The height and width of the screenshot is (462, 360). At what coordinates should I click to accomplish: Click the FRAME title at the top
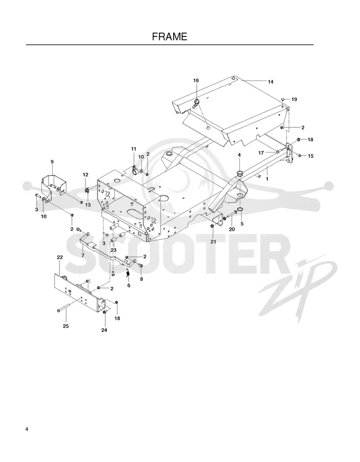coord(170,36)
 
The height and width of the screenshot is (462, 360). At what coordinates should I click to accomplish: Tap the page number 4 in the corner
coord(27,429)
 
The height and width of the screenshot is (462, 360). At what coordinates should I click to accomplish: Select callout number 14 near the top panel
coord(270,81)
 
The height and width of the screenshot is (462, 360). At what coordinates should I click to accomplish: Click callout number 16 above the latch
coord(196,81)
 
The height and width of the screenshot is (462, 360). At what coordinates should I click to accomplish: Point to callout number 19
coord(294,99)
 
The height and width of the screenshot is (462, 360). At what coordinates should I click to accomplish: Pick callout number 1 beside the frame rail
coord(267,179)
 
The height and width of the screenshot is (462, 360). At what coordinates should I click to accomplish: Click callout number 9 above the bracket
coord(52,161)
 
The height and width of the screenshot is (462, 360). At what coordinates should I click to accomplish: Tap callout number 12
coord(85,175)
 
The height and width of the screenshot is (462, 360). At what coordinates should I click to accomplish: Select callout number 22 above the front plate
coord(59,257)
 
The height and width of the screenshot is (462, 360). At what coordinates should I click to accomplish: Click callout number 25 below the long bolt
coord(66,326)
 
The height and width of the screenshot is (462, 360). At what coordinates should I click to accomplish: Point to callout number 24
coord(104,330)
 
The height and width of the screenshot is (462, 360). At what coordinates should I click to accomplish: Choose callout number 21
coord(213,242)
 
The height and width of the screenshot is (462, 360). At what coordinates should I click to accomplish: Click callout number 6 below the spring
coord(129,285)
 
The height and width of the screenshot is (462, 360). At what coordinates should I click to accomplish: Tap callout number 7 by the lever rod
coord(83,256)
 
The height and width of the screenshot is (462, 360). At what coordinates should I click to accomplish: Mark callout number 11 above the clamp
coord(134,149)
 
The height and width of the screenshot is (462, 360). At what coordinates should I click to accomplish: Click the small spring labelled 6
coord(128,274)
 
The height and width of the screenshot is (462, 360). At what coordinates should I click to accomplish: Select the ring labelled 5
coord(240,210)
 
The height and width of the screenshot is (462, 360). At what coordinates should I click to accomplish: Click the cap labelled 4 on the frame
coord(239,173)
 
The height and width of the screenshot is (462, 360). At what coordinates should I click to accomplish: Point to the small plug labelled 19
coord(283,99)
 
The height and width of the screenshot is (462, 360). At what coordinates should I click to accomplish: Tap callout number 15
coord(310,156)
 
